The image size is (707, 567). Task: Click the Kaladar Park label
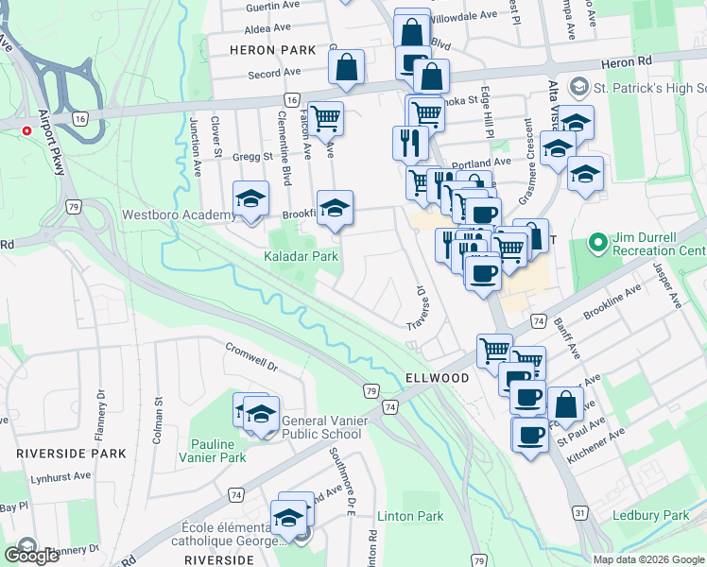(301, 256)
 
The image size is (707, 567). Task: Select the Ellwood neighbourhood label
(438, 377)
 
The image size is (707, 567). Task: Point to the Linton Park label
(410, 516)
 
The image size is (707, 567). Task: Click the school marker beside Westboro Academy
(251, 199)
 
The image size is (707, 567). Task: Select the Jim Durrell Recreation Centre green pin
(597, 243)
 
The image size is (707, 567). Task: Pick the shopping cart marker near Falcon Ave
(325, 119)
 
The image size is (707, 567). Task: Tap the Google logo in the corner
(31, 556)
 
